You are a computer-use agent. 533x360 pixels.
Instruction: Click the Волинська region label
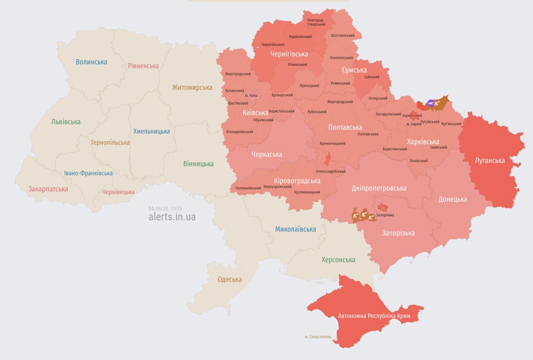coord(91,62)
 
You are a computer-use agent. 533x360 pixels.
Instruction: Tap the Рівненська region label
coord(143,66)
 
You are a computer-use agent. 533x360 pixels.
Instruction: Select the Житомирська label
coord(192,87)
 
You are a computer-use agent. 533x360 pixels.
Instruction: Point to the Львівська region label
coord(66,122)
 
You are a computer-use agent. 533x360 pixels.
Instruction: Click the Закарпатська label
coord(48,189)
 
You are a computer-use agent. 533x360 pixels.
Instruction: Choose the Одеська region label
coord(229,279)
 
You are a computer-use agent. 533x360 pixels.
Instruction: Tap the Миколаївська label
coord(295,229)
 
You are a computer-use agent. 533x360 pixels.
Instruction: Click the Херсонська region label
coord(338,260)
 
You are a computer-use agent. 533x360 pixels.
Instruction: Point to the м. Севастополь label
coord(318,337)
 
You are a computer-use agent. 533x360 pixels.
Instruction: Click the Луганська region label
coord(490,161)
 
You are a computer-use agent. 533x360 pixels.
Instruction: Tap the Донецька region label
coord(452,199)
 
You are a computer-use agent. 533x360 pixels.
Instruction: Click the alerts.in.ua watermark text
coord(172,217)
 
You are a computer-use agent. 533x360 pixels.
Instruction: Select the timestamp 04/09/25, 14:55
coord(165,209)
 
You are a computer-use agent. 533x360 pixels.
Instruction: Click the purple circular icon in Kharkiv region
coord(431,103)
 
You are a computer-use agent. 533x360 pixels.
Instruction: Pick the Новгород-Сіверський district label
coord(316,22)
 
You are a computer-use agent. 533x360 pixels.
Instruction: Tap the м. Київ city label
coord(251,96)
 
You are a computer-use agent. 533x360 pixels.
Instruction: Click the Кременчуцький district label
coord(332,144)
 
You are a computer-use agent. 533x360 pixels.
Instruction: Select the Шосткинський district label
coord(343,36)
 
